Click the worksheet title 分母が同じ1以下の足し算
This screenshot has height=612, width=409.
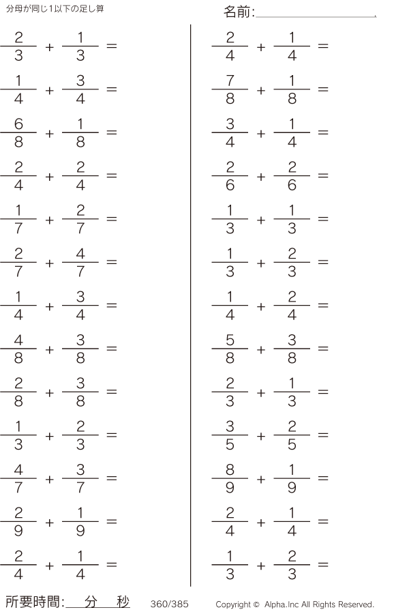[55, 9]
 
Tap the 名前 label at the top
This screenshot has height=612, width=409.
[237, 12]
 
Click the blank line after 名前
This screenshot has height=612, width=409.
[316, 17]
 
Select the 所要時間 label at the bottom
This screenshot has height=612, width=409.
[33, 602]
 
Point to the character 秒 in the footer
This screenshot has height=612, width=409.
[123, 602]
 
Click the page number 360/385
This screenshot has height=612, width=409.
[169, 604]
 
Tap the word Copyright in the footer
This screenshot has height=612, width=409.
[233, 604]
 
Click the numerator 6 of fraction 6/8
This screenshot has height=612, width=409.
[18, 123]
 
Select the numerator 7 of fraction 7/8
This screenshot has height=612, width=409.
[230, 81]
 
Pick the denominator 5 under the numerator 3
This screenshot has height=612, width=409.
[230, 444]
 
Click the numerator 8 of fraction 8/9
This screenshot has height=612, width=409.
[230, 469]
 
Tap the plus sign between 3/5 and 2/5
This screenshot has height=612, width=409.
[261, 436]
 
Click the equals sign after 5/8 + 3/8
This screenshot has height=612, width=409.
[323, 348]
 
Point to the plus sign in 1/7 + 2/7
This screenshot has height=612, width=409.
[50, 220]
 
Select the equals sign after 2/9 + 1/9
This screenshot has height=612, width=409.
[112, 521]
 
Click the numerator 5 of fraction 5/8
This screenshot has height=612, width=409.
[230, 340]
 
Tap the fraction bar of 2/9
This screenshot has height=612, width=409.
[18, 521]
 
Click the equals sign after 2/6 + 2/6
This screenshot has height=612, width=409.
[323, 175]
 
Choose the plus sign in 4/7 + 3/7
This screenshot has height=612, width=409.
[50, 479]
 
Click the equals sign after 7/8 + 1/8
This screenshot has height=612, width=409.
[323, 89]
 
